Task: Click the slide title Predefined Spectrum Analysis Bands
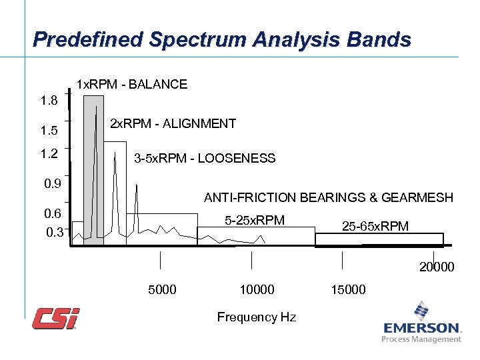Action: (x=221, y=40)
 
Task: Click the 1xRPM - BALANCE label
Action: (x=132, y=85)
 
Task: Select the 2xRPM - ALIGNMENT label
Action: (x=172, y=123)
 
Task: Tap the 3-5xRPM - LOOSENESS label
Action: (x=204, y=159)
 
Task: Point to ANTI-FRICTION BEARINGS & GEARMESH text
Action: (x=328, y=198)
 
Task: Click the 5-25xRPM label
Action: (x=255, y=221)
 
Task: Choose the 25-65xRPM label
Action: (x=375, y=227)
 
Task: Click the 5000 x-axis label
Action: (x=161, y=289)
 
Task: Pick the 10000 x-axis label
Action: (x=256, y=289)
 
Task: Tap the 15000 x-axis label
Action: (x=347, y=289)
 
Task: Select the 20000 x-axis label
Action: (x=437, y=267)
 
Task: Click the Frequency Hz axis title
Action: (x=256, y=317)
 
